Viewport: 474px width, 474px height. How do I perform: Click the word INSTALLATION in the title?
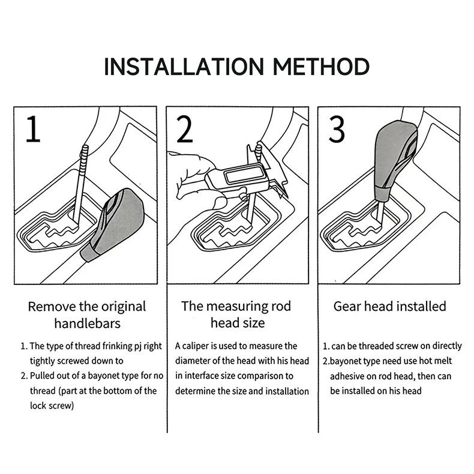(184, 66)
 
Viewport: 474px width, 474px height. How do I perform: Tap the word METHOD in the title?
(321, 66)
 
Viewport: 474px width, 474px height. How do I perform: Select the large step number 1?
(33, 129)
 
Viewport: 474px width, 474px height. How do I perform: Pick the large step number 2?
(184, 130)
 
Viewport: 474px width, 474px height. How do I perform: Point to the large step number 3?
(337, 130)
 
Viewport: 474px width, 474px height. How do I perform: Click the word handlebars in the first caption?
(88, 323)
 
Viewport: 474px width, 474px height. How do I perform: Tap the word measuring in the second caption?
(238, 307)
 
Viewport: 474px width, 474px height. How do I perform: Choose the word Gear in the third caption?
(347, 306)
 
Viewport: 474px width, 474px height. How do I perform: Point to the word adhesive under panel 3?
(347, 376)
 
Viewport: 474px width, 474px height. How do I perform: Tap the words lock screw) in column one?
(52, 406)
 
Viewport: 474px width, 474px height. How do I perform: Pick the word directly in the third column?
(447, 346)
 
